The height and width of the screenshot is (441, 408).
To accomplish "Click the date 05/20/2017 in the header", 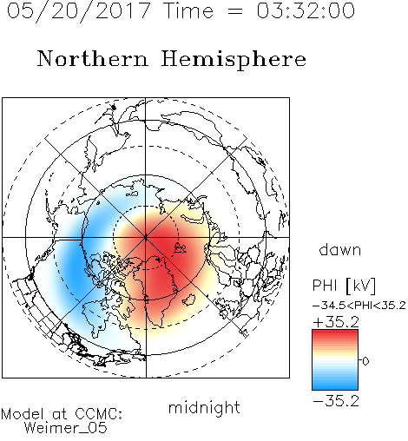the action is (78, 11).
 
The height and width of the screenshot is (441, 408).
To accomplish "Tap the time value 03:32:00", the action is (306, 10).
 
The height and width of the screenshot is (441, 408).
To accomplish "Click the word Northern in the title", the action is (93, 58).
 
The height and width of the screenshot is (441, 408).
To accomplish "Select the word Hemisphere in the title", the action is (234, 60).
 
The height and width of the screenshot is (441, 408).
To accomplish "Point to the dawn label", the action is (340, 249).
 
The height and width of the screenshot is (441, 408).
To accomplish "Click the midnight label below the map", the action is (204, 408).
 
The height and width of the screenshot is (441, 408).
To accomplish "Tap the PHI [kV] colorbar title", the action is (344, 286).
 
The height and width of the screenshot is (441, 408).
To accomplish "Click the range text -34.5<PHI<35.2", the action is (359, 306).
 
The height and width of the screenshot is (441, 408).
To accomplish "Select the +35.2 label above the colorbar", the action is (336, 322).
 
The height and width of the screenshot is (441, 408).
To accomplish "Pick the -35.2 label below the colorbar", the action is (336, 401).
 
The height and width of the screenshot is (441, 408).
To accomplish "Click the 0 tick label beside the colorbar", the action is (365, 361).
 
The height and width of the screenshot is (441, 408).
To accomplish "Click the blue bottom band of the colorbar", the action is (335, 384).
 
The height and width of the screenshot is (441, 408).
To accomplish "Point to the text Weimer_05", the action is (66, 427).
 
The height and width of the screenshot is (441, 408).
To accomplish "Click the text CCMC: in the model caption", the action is (98, 414).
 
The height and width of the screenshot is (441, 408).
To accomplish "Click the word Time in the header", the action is (188, 11).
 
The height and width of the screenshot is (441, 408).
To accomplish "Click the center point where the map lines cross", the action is (146, 238).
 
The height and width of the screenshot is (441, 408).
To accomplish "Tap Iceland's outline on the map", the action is (188, 299).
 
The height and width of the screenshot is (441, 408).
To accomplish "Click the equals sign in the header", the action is (235, 11).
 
